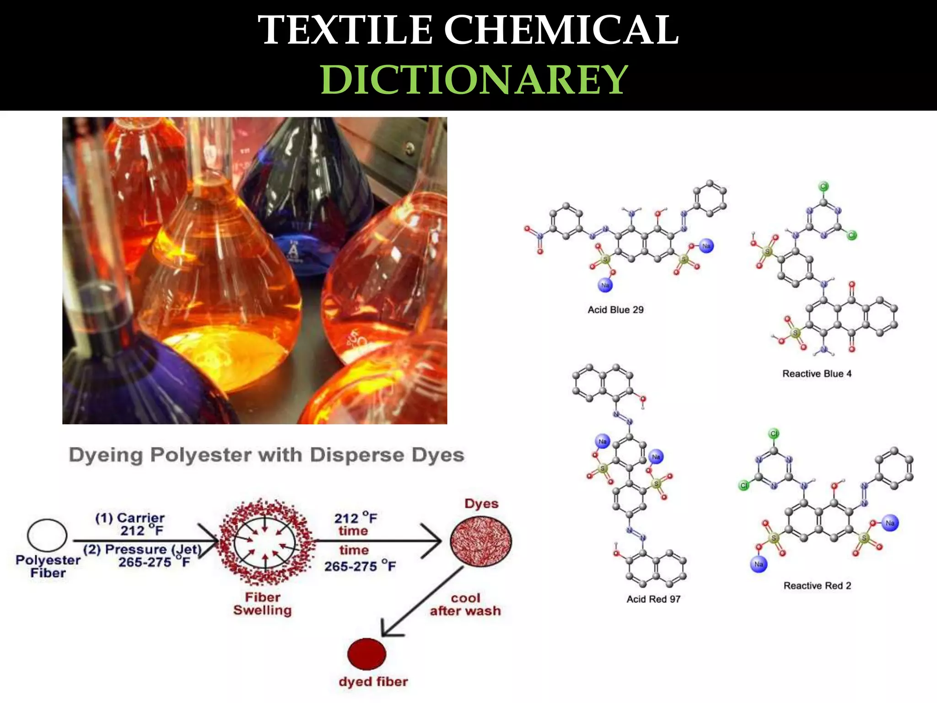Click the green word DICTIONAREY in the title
(x=474, y=80)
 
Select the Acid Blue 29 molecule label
(x=615, y=310)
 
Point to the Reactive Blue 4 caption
(x=817, y=373)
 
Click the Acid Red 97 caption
(x=653, y=599)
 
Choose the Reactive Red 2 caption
(x=817, y=585)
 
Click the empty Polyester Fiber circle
(x=47, y=535)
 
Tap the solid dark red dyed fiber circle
(x=366, y=654)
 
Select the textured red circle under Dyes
(x=481, y=541)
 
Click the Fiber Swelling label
(x=262, y=604)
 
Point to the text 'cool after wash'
(x=465, y=605)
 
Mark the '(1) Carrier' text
(x=130, y=518)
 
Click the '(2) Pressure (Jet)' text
(x=142, y=549)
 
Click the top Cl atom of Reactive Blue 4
(x=824, y=186)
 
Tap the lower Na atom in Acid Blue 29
(x=605, y=285)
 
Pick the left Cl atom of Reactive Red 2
(x=744, y=485)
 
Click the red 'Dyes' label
(x=481, y=503)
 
